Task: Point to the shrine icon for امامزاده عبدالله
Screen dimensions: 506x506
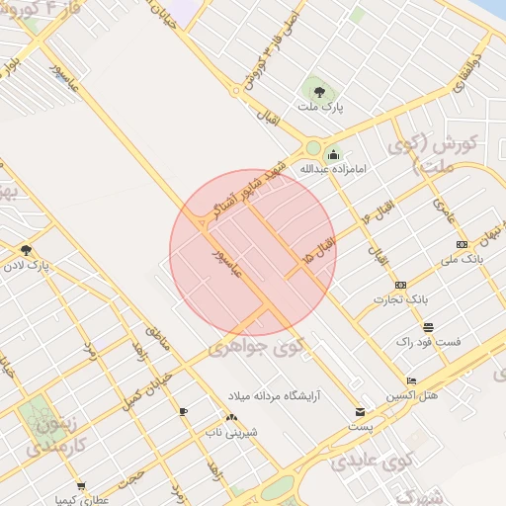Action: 333,154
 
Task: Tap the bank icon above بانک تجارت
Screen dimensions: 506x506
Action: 399,285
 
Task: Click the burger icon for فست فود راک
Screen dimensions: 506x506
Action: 428,327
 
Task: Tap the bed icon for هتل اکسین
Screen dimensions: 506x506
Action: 412,380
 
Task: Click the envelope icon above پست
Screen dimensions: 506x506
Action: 360,412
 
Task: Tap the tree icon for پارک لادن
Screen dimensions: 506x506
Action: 26,250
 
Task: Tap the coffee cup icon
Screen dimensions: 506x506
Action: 183,411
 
